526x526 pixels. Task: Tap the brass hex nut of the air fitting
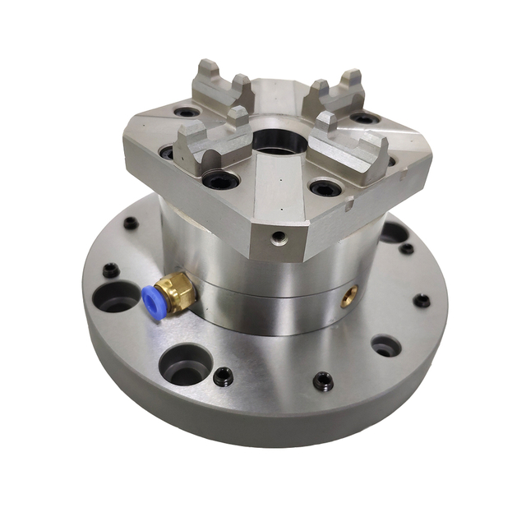177,289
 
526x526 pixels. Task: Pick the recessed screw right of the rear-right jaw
366,119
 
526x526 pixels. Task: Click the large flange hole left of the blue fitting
118,298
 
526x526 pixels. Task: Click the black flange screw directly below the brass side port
323,381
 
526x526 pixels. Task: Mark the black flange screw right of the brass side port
422,301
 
